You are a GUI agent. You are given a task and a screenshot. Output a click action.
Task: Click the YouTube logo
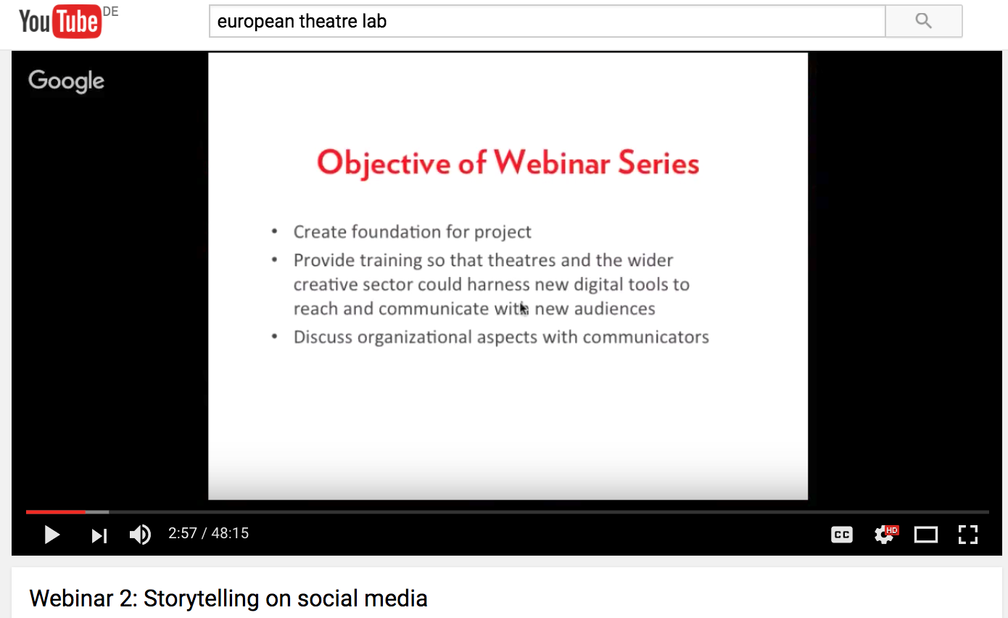pos(60,21)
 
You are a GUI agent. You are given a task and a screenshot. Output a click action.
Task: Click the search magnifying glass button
pos(923,21)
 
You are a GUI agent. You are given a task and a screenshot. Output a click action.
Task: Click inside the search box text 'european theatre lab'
pos(302,21)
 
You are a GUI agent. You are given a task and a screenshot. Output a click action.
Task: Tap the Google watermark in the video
pos(66,81)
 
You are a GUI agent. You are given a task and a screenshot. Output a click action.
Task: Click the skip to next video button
pos(99,535)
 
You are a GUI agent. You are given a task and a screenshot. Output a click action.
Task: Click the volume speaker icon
pos(140,535)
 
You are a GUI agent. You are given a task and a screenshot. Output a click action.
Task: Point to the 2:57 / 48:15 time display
pos(208,533)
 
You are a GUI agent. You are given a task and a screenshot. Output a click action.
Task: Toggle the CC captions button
pos(841,535)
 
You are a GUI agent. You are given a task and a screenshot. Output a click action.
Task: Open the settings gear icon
pos(885,535)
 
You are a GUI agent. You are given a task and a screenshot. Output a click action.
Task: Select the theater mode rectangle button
pos(925,535)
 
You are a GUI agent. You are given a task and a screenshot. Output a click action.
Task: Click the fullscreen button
pos(967,535)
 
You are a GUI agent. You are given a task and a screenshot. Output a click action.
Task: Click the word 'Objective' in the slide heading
pos(384,164)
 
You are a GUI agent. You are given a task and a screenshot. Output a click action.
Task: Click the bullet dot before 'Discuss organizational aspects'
pos(275,337)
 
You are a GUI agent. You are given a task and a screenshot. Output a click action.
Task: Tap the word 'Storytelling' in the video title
pos(201,599)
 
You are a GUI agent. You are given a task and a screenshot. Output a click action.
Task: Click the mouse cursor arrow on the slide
pos(524,309)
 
